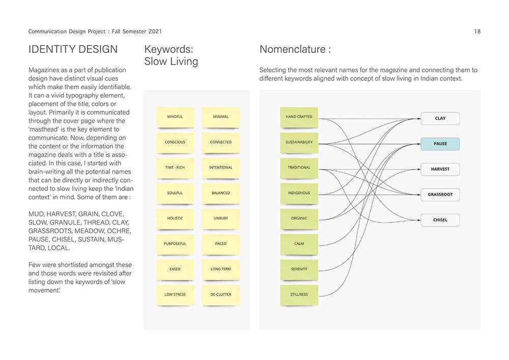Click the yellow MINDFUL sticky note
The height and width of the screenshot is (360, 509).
pyautogui.click(x=175, y=117)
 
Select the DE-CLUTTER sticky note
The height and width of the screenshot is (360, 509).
pyautogui.click(x=220, y=295)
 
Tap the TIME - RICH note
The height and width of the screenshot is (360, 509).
pyautogui.click(x=175, y=168)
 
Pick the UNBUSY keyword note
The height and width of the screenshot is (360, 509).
pyautogui.click(x=220, y=218)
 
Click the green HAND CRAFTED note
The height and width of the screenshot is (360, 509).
pyautogui.click(x=299, y=117)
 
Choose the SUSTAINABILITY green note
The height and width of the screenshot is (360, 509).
pyautogui.click(x=299, y=143)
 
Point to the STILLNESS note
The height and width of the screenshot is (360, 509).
pyautogui.click(x=299, y=295)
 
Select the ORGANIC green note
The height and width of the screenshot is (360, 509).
pyautogui.click(x=299, y=218)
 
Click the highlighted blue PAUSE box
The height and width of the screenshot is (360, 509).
pyautogui.click(x=440, y=144)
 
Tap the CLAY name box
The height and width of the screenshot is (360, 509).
pyautogui.click(x=440, y=119)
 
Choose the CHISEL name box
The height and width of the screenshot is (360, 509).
pyautogui.click(x=440, y=220)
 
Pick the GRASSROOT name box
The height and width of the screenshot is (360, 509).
pyautogui.click(x=440, y=195)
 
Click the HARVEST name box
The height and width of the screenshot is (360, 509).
pyautogui.click(x=440, y=169)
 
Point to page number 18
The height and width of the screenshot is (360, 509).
pyautogui.click(x=477, y=32)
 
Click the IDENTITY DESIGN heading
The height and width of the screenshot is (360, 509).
pyautogui.click(x=73, y=49)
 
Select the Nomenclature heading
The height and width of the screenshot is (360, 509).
pyautogui.click(x=295, y=49)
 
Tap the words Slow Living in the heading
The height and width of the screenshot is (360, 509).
pyautogui.click(x=171, y=62)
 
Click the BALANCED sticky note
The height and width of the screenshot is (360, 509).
pyautogui.click(x=220, y=193)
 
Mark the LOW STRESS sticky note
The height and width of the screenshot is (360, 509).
pyautogui.click(x=175, y=295)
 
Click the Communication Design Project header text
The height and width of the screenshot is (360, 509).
pyautogui.click(x=95, y=32)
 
